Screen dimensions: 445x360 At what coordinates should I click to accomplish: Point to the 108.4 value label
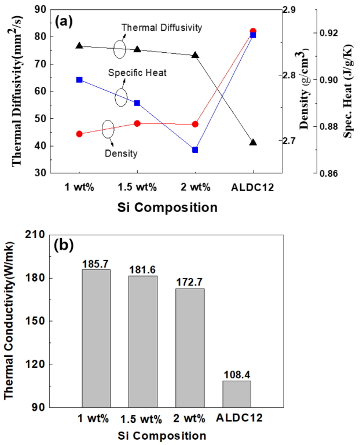[237, 375]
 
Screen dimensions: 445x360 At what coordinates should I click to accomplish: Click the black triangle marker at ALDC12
[253, 142]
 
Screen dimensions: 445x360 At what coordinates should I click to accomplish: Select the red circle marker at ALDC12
[253, 31]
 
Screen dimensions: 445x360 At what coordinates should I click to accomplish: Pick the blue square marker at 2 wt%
[195, 150]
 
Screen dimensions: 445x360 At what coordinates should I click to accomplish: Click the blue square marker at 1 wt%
[79, 80]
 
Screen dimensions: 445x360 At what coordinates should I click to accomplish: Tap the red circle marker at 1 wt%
[79, 134]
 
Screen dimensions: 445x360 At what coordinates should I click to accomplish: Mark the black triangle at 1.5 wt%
[137, 49]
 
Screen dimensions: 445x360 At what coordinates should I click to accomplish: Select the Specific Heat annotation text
[137, 73]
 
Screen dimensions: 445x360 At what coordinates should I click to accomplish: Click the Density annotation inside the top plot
[121, 154]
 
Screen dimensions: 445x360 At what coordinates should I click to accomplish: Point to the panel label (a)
[64, 22]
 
